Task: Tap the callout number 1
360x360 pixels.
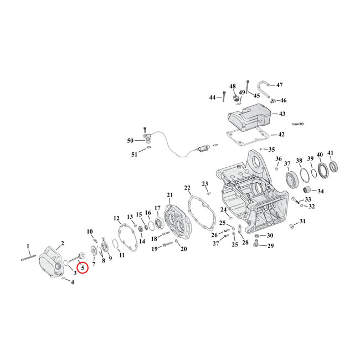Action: click(x=28, y=245)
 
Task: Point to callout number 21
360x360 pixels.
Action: click(x=169, y=194)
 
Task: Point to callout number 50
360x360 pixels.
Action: click(x=131, y=140)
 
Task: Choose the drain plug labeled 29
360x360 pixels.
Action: click(x=256, y=243)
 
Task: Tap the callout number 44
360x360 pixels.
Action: click(x=212, y=97)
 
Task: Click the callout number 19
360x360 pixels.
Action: click(x=155, y=249)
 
